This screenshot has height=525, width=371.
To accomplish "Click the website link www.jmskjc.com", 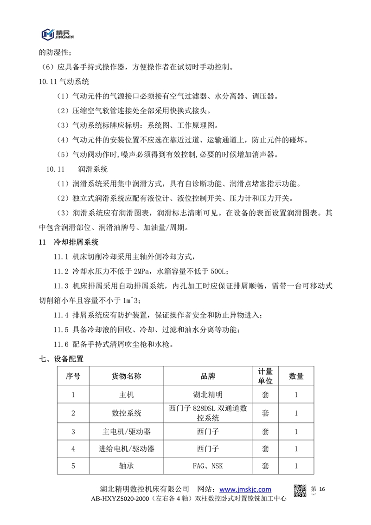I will click(245, 489).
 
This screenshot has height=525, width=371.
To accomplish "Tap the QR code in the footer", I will click(301, 490).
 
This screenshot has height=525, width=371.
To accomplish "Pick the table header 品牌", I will click(207, 376).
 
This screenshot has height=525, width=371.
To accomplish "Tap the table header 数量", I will click(296, 376).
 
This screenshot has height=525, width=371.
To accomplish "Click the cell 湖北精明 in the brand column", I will click(207, 395).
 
